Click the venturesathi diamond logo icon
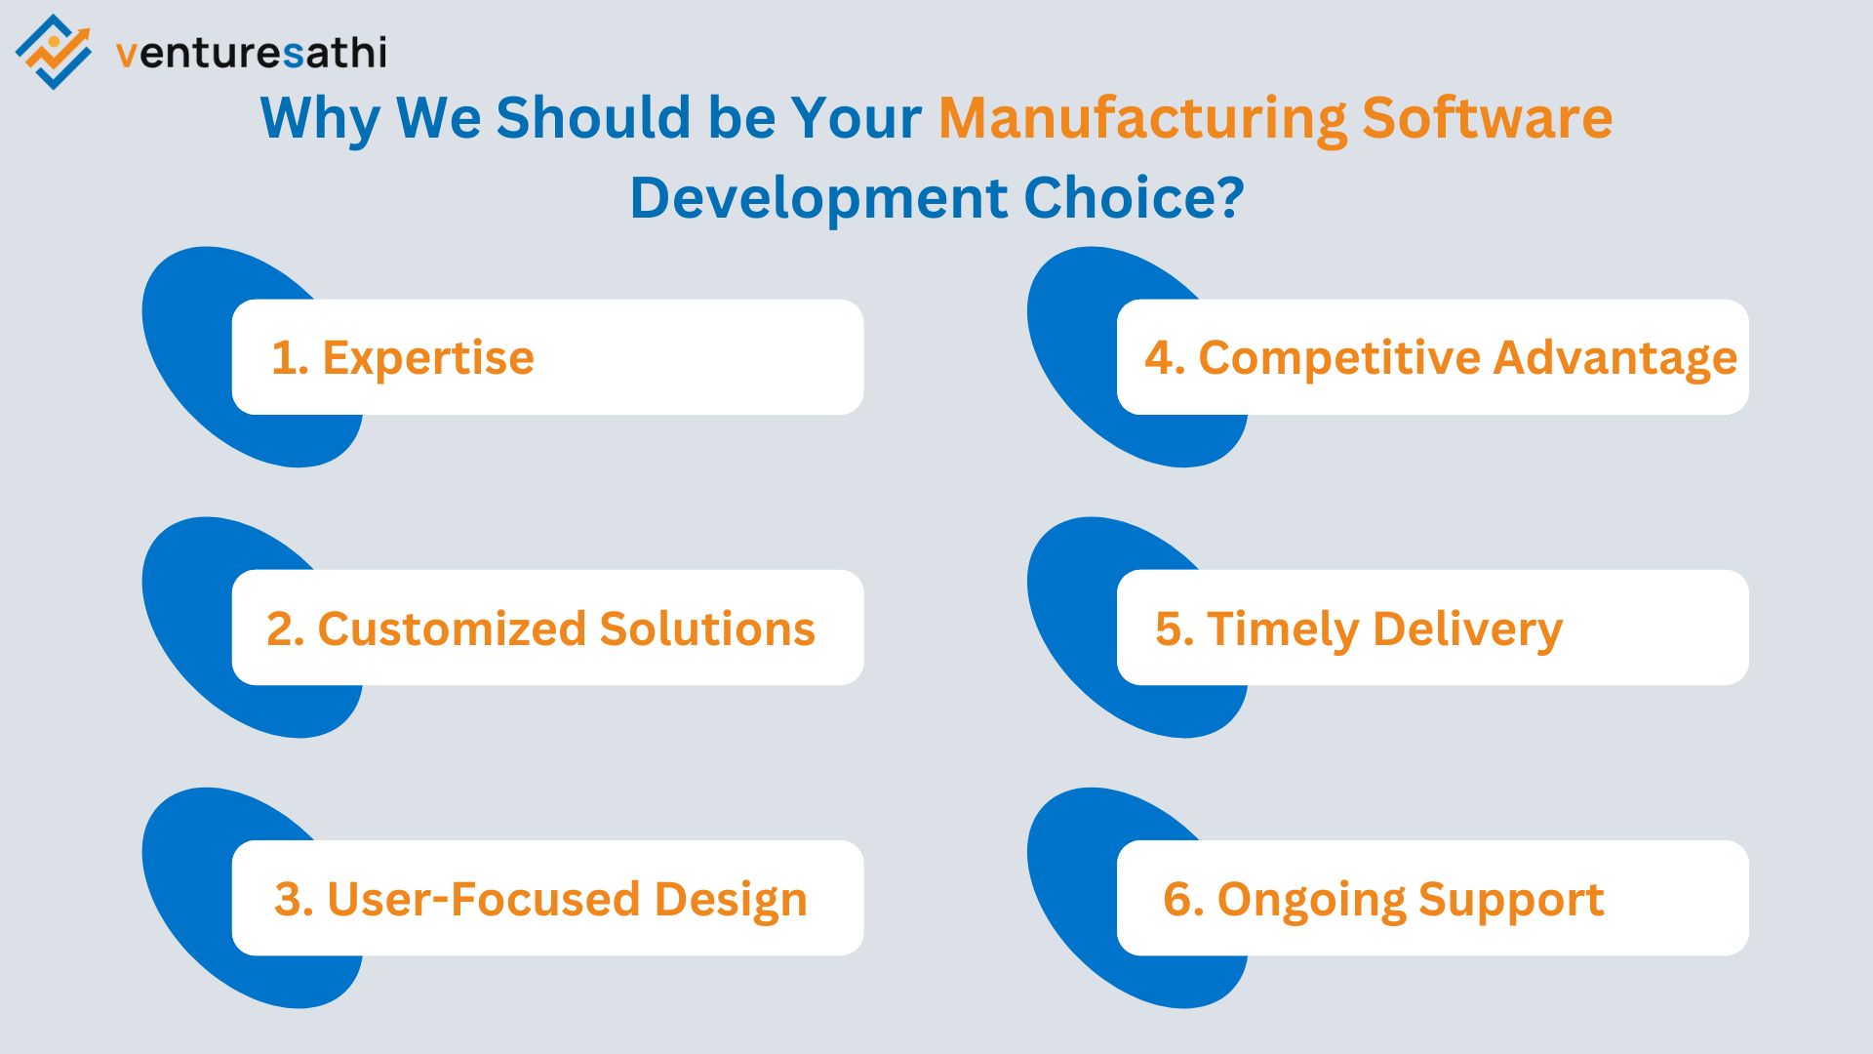[53, 52]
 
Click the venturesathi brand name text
[252, 53]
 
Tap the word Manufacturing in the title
[1141, 118]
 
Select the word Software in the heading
[1487, 118]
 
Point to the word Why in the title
[319, 118]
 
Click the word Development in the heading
[818, 198]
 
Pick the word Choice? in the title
[1134, 198]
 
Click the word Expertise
[428, 358]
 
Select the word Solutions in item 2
[707, 628]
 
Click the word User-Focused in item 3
[482, 899]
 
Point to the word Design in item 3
[731, 899]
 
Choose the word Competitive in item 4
[1337, 358]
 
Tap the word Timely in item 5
[1282, 628]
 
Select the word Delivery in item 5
[1467, 628]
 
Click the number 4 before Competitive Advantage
[1160, 358]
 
